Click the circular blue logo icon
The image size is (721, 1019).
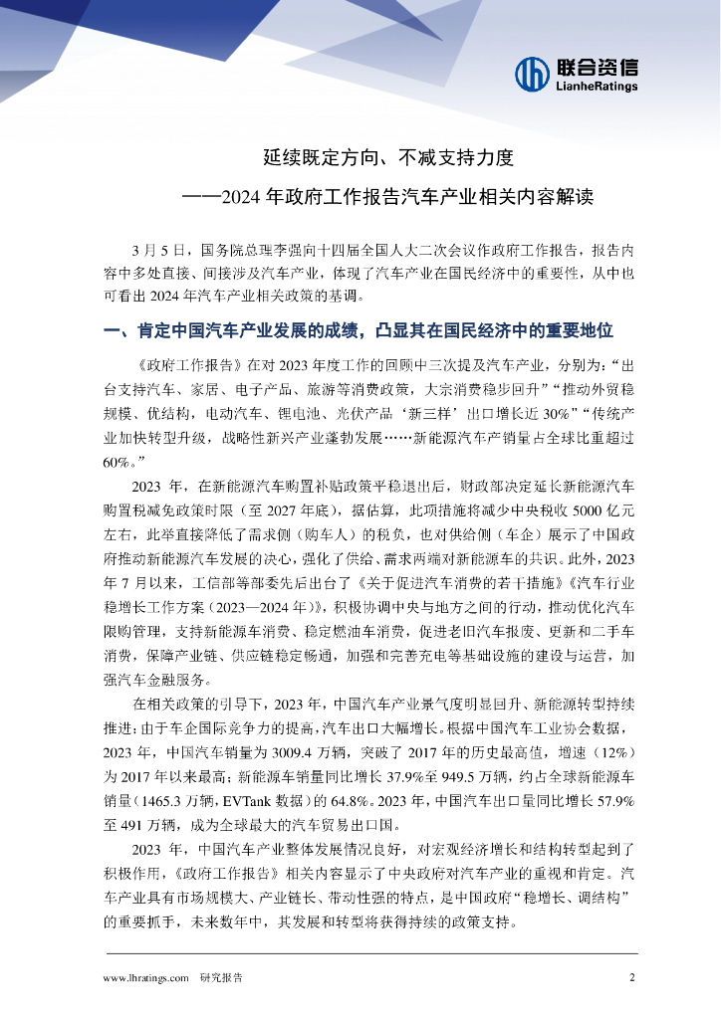point(532,73)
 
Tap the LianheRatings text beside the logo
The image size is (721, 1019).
point(595,87)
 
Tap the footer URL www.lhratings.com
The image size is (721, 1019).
point(146,978)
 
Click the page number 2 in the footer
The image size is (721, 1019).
point(631,977)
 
